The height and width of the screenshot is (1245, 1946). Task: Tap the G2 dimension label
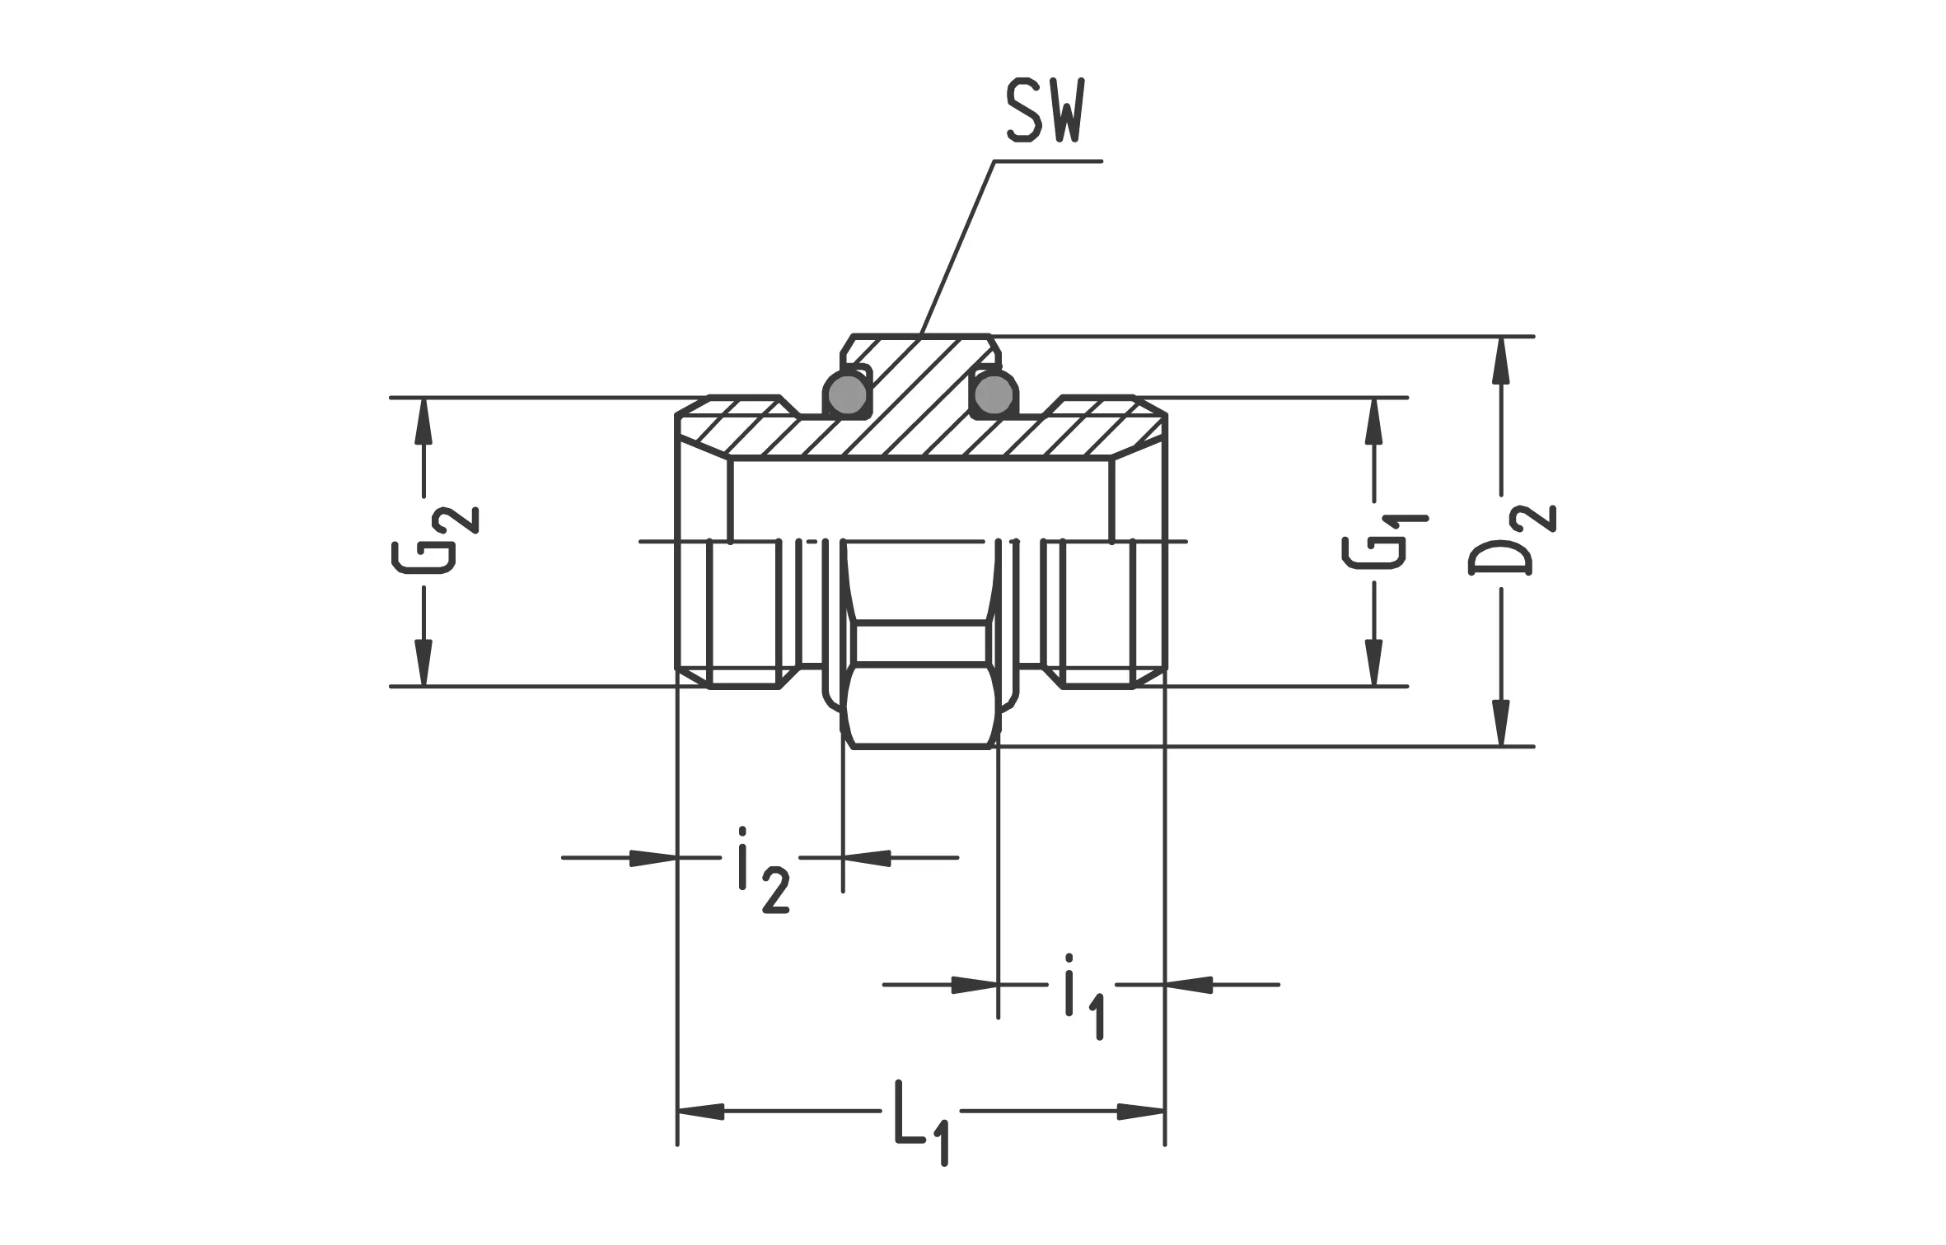(x=434, y=540)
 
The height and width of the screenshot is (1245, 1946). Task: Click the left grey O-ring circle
(x=847, y=394)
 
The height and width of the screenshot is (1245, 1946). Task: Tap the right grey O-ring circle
(x=994, y=394)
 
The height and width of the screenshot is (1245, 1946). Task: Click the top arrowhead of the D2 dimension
(x=1502, y=360)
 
